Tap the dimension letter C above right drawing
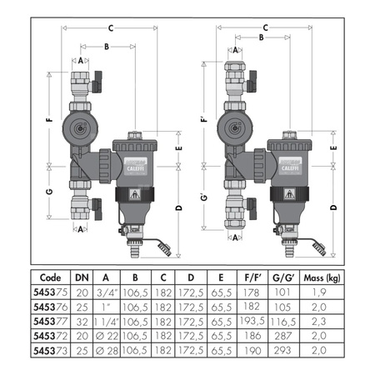tap(265, 27)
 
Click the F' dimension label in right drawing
tap(204, 120)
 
